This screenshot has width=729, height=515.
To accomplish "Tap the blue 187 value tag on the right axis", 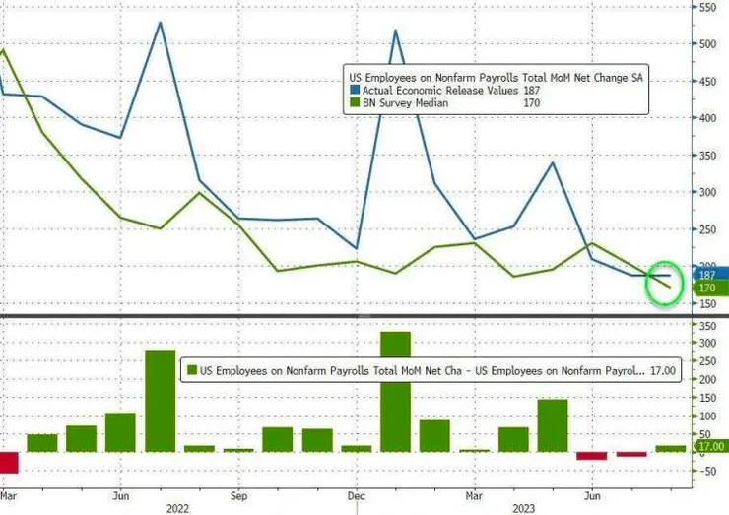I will [x=706, y=273].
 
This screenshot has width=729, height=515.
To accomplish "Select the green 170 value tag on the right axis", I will [x=706, y=288].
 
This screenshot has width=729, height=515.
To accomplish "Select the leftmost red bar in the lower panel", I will [x=10, y=462].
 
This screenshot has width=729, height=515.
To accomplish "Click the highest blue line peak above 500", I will [x=160, y=23].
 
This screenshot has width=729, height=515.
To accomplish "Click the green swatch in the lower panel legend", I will [x=191, y=371].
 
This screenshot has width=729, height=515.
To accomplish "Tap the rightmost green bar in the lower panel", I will [x=670, y=448].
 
